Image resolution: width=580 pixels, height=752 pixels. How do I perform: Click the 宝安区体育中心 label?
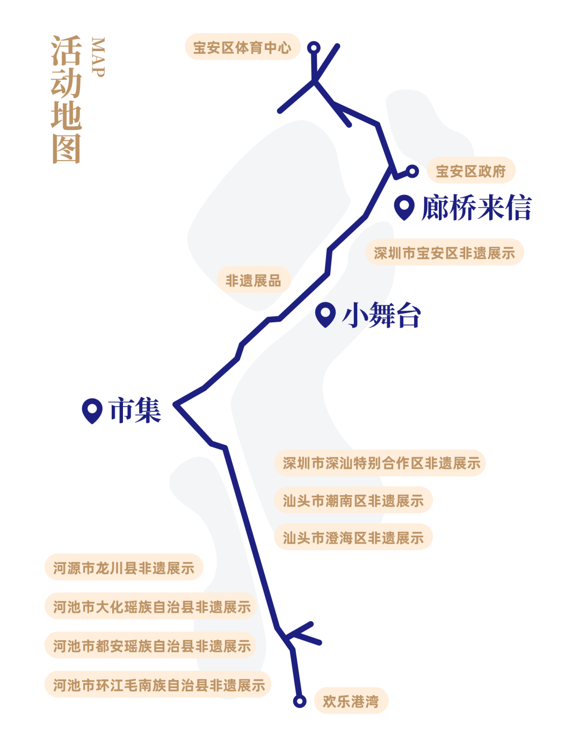click(242, 47)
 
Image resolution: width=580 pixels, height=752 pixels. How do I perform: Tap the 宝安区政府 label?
click(471, 171)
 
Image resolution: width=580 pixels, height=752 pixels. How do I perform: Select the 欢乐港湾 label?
click(350, 701)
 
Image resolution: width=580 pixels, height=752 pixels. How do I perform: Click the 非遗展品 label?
click(253, 280)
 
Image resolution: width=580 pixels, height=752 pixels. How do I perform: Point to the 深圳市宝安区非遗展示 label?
click(445, 253)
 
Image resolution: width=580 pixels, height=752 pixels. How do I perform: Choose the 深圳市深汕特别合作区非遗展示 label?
click(381, 463)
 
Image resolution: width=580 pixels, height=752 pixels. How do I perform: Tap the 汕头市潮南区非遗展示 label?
click(353, 501)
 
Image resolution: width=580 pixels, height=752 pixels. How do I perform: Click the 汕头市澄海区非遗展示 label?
click(353, 538)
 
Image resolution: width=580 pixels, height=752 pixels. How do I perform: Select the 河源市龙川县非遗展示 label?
click(124, 568)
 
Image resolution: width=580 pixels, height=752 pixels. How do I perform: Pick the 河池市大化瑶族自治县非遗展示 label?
click(151, 607)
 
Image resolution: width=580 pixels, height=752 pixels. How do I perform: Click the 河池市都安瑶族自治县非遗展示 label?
click(151, 646)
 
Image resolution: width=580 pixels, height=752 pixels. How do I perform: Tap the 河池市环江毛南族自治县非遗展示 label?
click(158, 685)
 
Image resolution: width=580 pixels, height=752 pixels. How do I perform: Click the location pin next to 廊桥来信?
click(403, 207)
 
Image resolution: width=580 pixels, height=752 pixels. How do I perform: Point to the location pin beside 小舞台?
click(325, 314)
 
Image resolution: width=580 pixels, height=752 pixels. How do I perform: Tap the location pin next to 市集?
click(92, 411)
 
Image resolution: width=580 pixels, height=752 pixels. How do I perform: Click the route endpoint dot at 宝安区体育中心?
click(314, 48)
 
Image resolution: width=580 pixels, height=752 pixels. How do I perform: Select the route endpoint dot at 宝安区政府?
click(412, 171)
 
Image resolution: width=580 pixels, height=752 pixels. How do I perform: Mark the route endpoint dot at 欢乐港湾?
click(300, 701)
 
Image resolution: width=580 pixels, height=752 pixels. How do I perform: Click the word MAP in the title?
click(97, 57)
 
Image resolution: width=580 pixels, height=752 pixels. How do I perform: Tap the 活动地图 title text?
click(67, 99)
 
